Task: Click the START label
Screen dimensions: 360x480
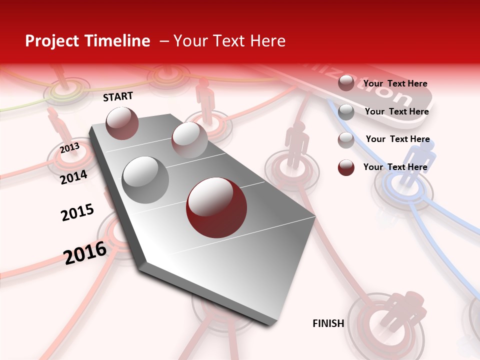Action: tap(118, 96)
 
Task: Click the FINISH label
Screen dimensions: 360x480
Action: tap(328, 323)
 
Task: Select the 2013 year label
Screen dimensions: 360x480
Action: tap(70, 147)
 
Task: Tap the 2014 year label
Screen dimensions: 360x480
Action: tap(74, 177)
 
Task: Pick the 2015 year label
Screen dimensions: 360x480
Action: tap(77, 212)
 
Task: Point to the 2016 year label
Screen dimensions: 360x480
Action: tap(85, 252)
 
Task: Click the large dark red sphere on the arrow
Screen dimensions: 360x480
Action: tap(216, 207)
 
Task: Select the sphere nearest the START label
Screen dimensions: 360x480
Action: tap(122, 123)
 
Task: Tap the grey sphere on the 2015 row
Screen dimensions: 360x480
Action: tap(145, 180)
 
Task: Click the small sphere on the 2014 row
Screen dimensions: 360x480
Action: tap(189, 140)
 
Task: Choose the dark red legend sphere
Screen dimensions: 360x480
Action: tap(346, 167)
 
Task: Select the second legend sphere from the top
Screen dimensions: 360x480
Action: tap(346, 112)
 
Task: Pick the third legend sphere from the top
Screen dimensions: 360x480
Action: tap(346, 140)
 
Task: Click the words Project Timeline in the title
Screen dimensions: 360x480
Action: tap(87, 41)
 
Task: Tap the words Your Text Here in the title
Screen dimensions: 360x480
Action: tap(229, 41)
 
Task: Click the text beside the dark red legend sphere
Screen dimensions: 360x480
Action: tap(395, 167)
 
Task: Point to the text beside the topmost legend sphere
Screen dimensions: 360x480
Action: tap(395, 83)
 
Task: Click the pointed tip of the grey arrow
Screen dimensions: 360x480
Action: tap(272, 324)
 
